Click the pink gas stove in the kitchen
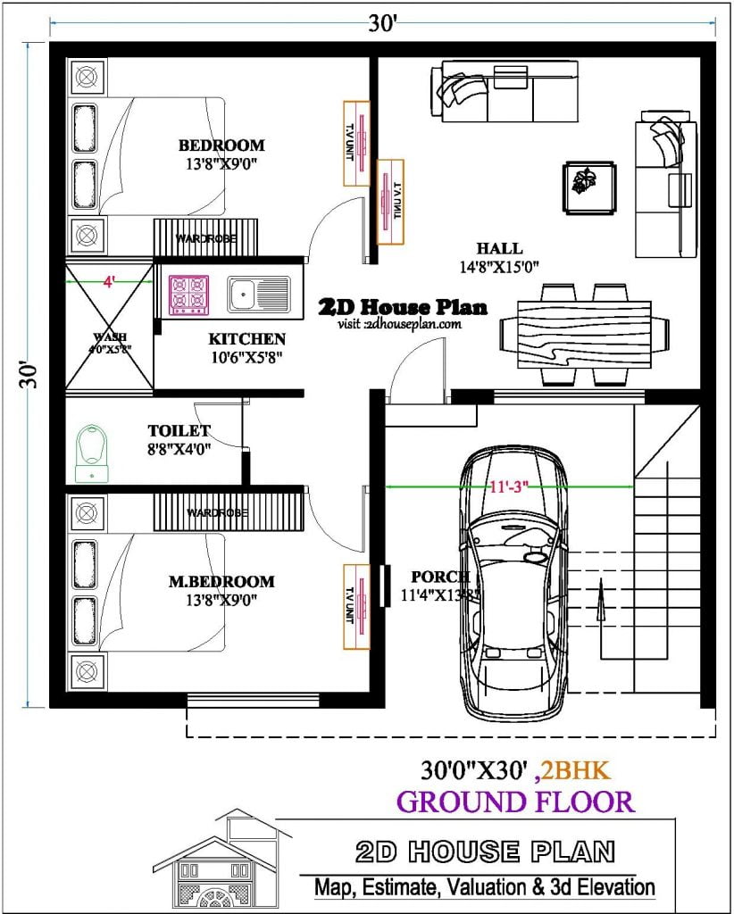[188, 295]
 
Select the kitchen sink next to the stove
[258, 295]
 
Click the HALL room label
[499, 248]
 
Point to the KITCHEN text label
[246, 339]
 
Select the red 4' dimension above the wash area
[109, 281]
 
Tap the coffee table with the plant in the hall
[588, 187]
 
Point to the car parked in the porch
[514, 580]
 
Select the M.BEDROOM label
[221, 581]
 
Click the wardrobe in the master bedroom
[229, 512]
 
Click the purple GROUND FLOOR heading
[515, 802]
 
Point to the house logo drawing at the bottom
[223, 861]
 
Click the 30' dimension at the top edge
[382, 24]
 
